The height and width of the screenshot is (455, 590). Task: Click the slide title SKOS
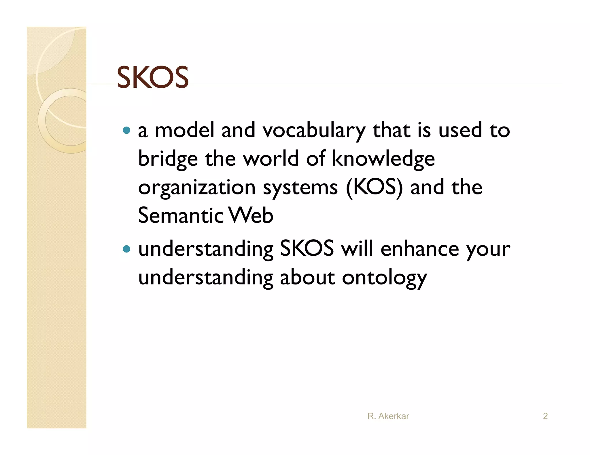152,78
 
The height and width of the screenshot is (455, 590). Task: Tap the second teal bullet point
126,249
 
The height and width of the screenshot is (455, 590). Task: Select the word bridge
168,159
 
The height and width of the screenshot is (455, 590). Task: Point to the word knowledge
383,159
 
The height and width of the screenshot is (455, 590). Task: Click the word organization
197,188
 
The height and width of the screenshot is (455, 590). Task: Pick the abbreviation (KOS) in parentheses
374,187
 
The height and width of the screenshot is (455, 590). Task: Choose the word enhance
419,249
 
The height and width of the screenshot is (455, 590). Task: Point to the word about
307,278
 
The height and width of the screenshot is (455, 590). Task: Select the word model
185,130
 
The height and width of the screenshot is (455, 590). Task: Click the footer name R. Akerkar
388,416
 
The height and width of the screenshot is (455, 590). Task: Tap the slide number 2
545,416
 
